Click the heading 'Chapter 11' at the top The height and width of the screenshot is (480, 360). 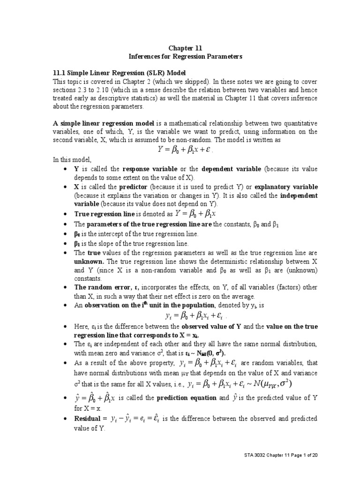[186, 47]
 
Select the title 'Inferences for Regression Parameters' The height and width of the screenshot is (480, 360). [186, 56]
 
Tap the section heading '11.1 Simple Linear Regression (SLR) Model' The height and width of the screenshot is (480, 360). [119, 73]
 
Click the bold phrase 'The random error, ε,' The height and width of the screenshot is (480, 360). [105, 288]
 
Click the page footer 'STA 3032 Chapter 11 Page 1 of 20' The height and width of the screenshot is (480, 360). [283, 455]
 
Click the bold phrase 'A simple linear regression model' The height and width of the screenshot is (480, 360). [105, 122]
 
